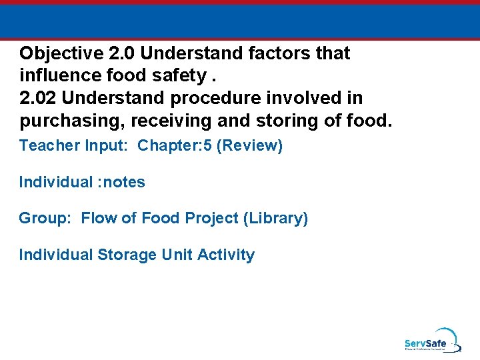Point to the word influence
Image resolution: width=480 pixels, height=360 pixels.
pyautogui.click(x=58, y=76)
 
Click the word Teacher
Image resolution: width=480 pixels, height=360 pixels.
pyautogui.click(x=45, y=146)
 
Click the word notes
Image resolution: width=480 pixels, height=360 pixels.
pyautogui.click(x=123, y=182)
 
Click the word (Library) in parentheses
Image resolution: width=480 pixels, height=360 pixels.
pyautogui.click(x=275, y=219)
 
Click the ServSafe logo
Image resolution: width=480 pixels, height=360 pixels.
pyautogui.click(x=431, y=341)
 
